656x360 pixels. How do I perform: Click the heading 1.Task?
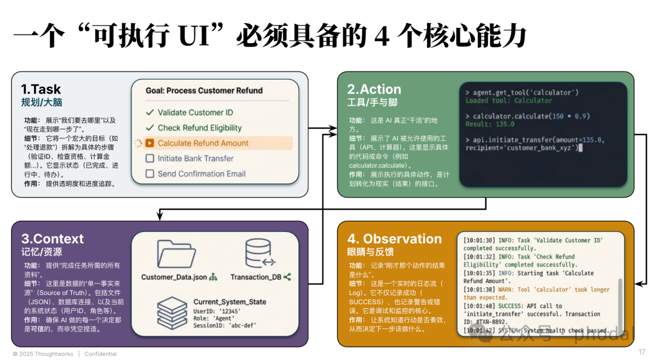click(41, 90)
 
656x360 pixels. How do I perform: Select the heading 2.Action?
click(374, 90)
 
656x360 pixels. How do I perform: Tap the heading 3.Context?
click(53, 239)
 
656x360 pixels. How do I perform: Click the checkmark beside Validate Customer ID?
click(149, 112)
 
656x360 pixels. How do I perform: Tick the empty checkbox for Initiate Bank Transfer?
click(149, 158)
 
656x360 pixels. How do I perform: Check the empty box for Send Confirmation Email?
click(149, 174)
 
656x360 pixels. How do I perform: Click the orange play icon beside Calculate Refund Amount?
click(149, 143)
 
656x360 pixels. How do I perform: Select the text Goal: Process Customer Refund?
click(204, 90)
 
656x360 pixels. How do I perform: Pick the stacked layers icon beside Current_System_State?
click(172, 311)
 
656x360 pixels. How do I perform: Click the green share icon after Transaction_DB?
click(287, 277)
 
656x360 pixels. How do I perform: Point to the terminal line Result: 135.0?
click(490, 124)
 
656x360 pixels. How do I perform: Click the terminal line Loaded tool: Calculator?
click(508, 101)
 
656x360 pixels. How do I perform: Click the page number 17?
click(641, 352)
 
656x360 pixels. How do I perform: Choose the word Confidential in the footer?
click(100, 354)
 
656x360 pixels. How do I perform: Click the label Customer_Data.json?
click(174, 277)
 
